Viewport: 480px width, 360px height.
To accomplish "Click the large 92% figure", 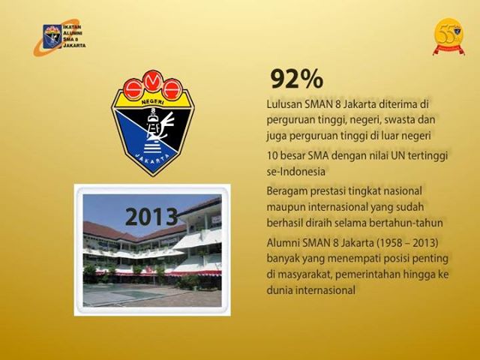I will pyautogui.click(x=297, y=79).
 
